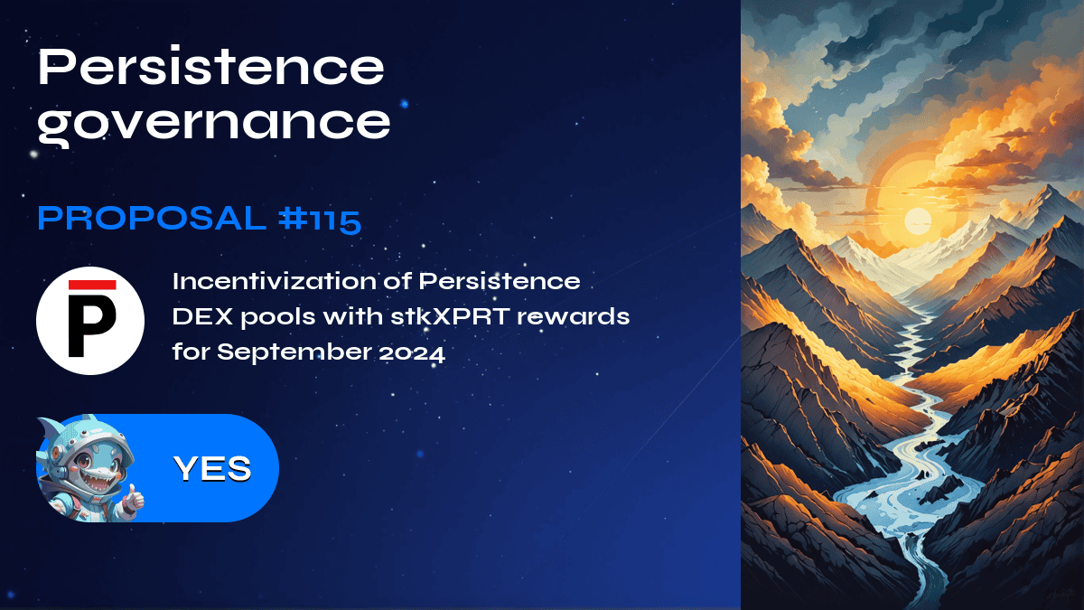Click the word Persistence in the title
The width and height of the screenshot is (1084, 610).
click(x=211, y=68)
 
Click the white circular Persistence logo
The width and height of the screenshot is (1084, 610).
click(x=90, y=321)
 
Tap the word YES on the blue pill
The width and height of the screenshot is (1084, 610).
click(x=212, y=468)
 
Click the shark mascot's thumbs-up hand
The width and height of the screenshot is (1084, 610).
click(x=133, y=496)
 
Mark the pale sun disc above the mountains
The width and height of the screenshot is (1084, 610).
click(x=917, y=220)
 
